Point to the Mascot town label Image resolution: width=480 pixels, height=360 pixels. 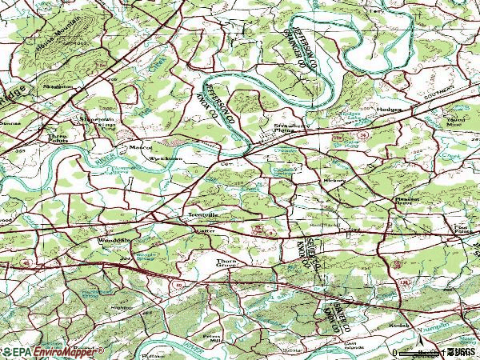(x=141, y=146)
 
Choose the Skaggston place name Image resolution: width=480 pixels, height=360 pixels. (x=58, y=85)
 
